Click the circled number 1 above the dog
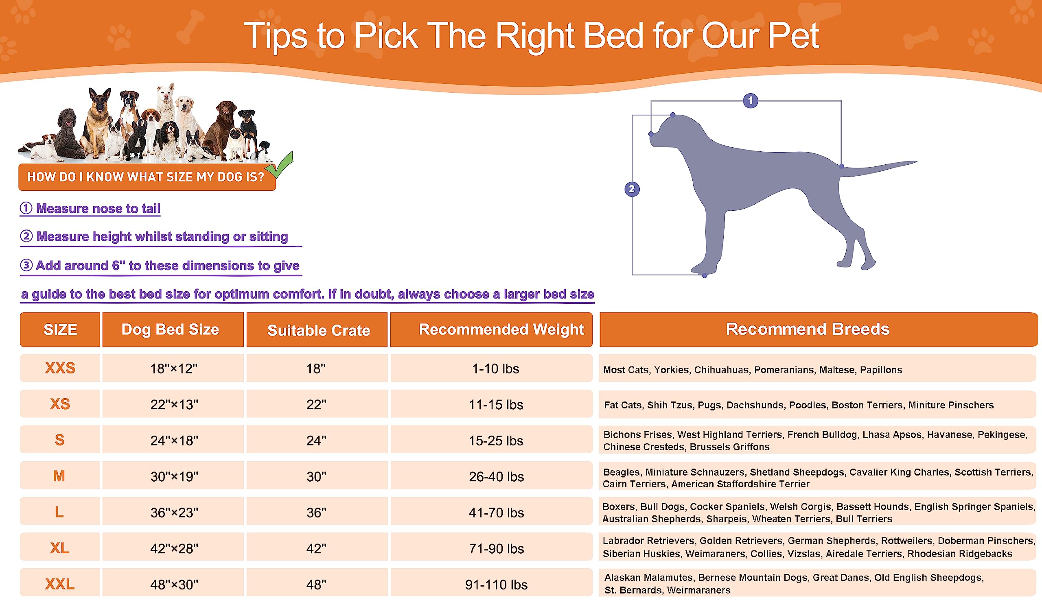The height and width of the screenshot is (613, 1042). click(x=750, y=100)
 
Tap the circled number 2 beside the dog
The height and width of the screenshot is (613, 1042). click(x=632, y=189)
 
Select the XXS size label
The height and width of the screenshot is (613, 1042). click(x=60, y=368)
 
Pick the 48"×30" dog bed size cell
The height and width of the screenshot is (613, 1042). click(x=173, y=584)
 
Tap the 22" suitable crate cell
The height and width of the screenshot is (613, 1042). click(x=317, y=404)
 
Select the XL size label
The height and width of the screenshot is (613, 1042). click(x=59, y=548)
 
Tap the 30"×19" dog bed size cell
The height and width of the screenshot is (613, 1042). click(x=173, y=476)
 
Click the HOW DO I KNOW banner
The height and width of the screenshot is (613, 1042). click(x=147, y=177)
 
